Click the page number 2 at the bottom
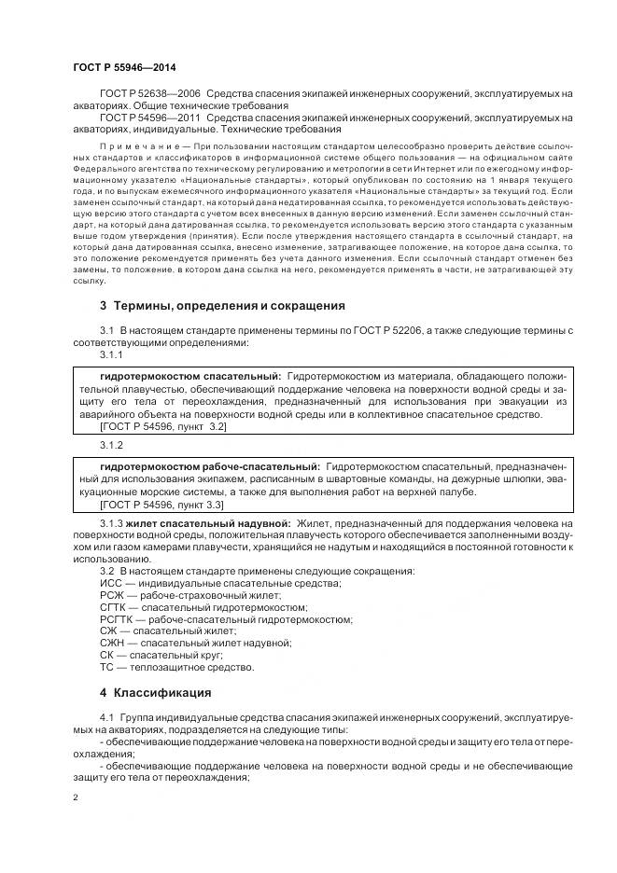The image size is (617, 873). [76, 797]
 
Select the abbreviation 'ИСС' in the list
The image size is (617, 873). [110, 582]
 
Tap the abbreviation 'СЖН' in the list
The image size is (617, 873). [111, 643]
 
